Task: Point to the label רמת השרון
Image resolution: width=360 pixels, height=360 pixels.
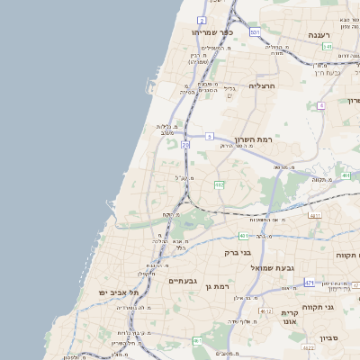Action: coord(276,139)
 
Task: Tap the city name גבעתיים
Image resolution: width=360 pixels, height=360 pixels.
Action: coord(183,281)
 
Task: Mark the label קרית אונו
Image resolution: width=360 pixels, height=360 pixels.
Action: coord(289,317)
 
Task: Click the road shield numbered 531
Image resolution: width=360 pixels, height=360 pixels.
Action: coord(255,32)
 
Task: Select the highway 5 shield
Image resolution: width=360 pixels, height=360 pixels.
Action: coord(209,136)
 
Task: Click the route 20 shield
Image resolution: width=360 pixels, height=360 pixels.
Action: coord(185,144)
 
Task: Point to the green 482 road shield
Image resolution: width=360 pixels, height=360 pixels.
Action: coord(219,184)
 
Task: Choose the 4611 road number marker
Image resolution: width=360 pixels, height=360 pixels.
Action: coord(314,216)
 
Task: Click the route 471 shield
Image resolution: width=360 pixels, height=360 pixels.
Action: coord(310,283)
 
